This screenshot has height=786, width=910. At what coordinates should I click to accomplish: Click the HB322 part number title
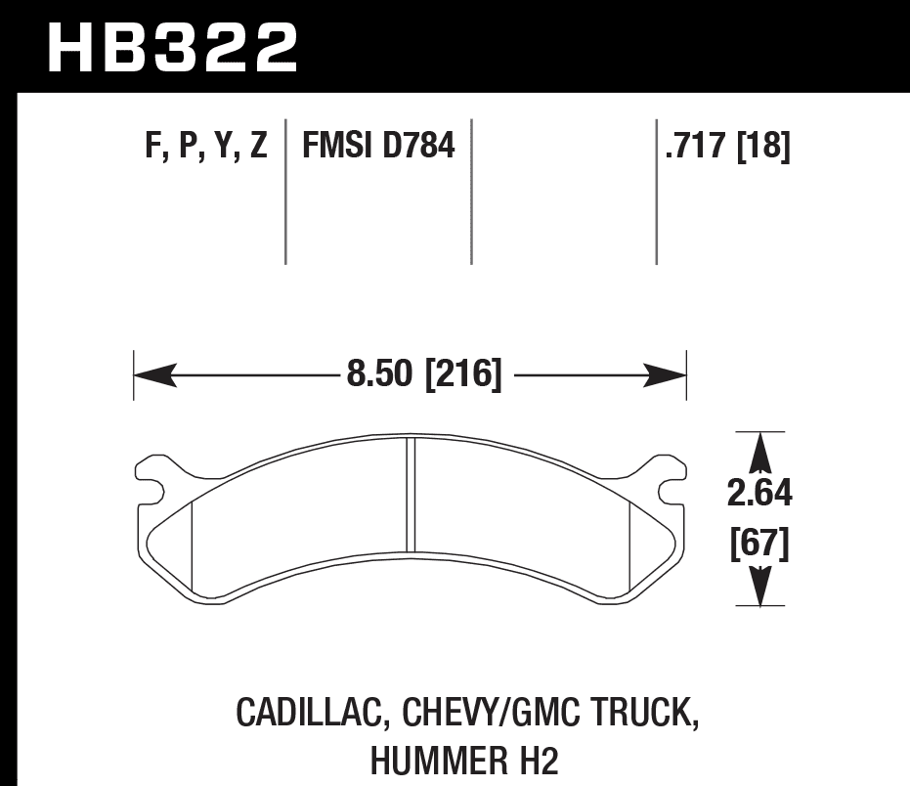(x=173, y=48)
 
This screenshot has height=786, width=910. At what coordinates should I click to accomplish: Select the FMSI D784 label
(x=378, y=145)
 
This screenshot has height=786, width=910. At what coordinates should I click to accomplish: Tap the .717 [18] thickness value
(x=728, y=145)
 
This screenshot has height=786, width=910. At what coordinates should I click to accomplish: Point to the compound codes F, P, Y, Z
(x=206, y=146)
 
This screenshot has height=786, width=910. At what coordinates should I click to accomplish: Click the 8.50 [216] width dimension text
(x=423, y=373)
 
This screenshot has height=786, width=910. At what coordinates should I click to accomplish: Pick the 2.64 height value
(x=759, y=494)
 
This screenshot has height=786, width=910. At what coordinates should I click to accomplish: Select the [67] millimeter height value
(x=759, y=544)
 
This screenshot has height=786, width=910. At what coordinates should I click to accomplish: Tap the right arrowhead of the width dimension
(x=665, y=375)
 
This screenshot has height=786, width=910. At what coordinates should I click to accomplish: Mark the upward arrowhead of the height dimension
(x=759, y=453)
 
